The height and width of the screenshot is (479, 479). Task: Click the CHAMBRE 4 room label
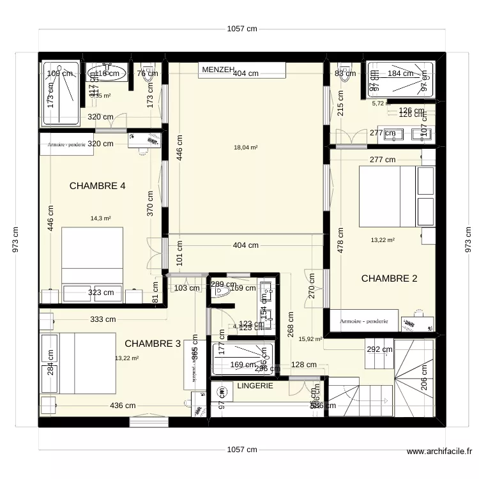coord(97,186)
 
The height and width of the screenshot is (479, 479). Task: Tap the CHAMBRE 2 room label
coord(389,278)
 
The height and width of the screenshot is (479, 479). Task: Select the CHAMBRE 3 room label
coord(153,344)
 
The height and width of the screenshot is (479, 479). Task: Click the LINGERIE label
coord(255,386)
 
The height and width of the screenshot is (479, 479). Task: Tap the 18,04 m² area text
coord(245,148)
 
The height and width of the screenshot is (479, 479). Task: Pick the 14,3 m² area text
coord(100,218)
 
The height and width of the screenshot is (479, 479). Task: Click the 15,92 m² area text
coord(310,340)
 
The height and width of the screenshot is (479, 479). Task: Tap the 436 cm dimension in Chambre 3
coord(122,406)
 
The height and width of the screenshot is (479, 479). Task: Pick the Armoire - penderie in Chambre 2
coord(364,321)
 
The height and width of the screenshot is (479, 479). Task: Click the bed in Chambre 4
coord(92,255)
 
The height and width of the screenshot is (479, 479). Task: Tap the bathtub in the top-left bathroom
coord(60,93)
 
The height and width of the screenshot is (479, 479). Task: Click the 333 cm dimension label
coord(103,319)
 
